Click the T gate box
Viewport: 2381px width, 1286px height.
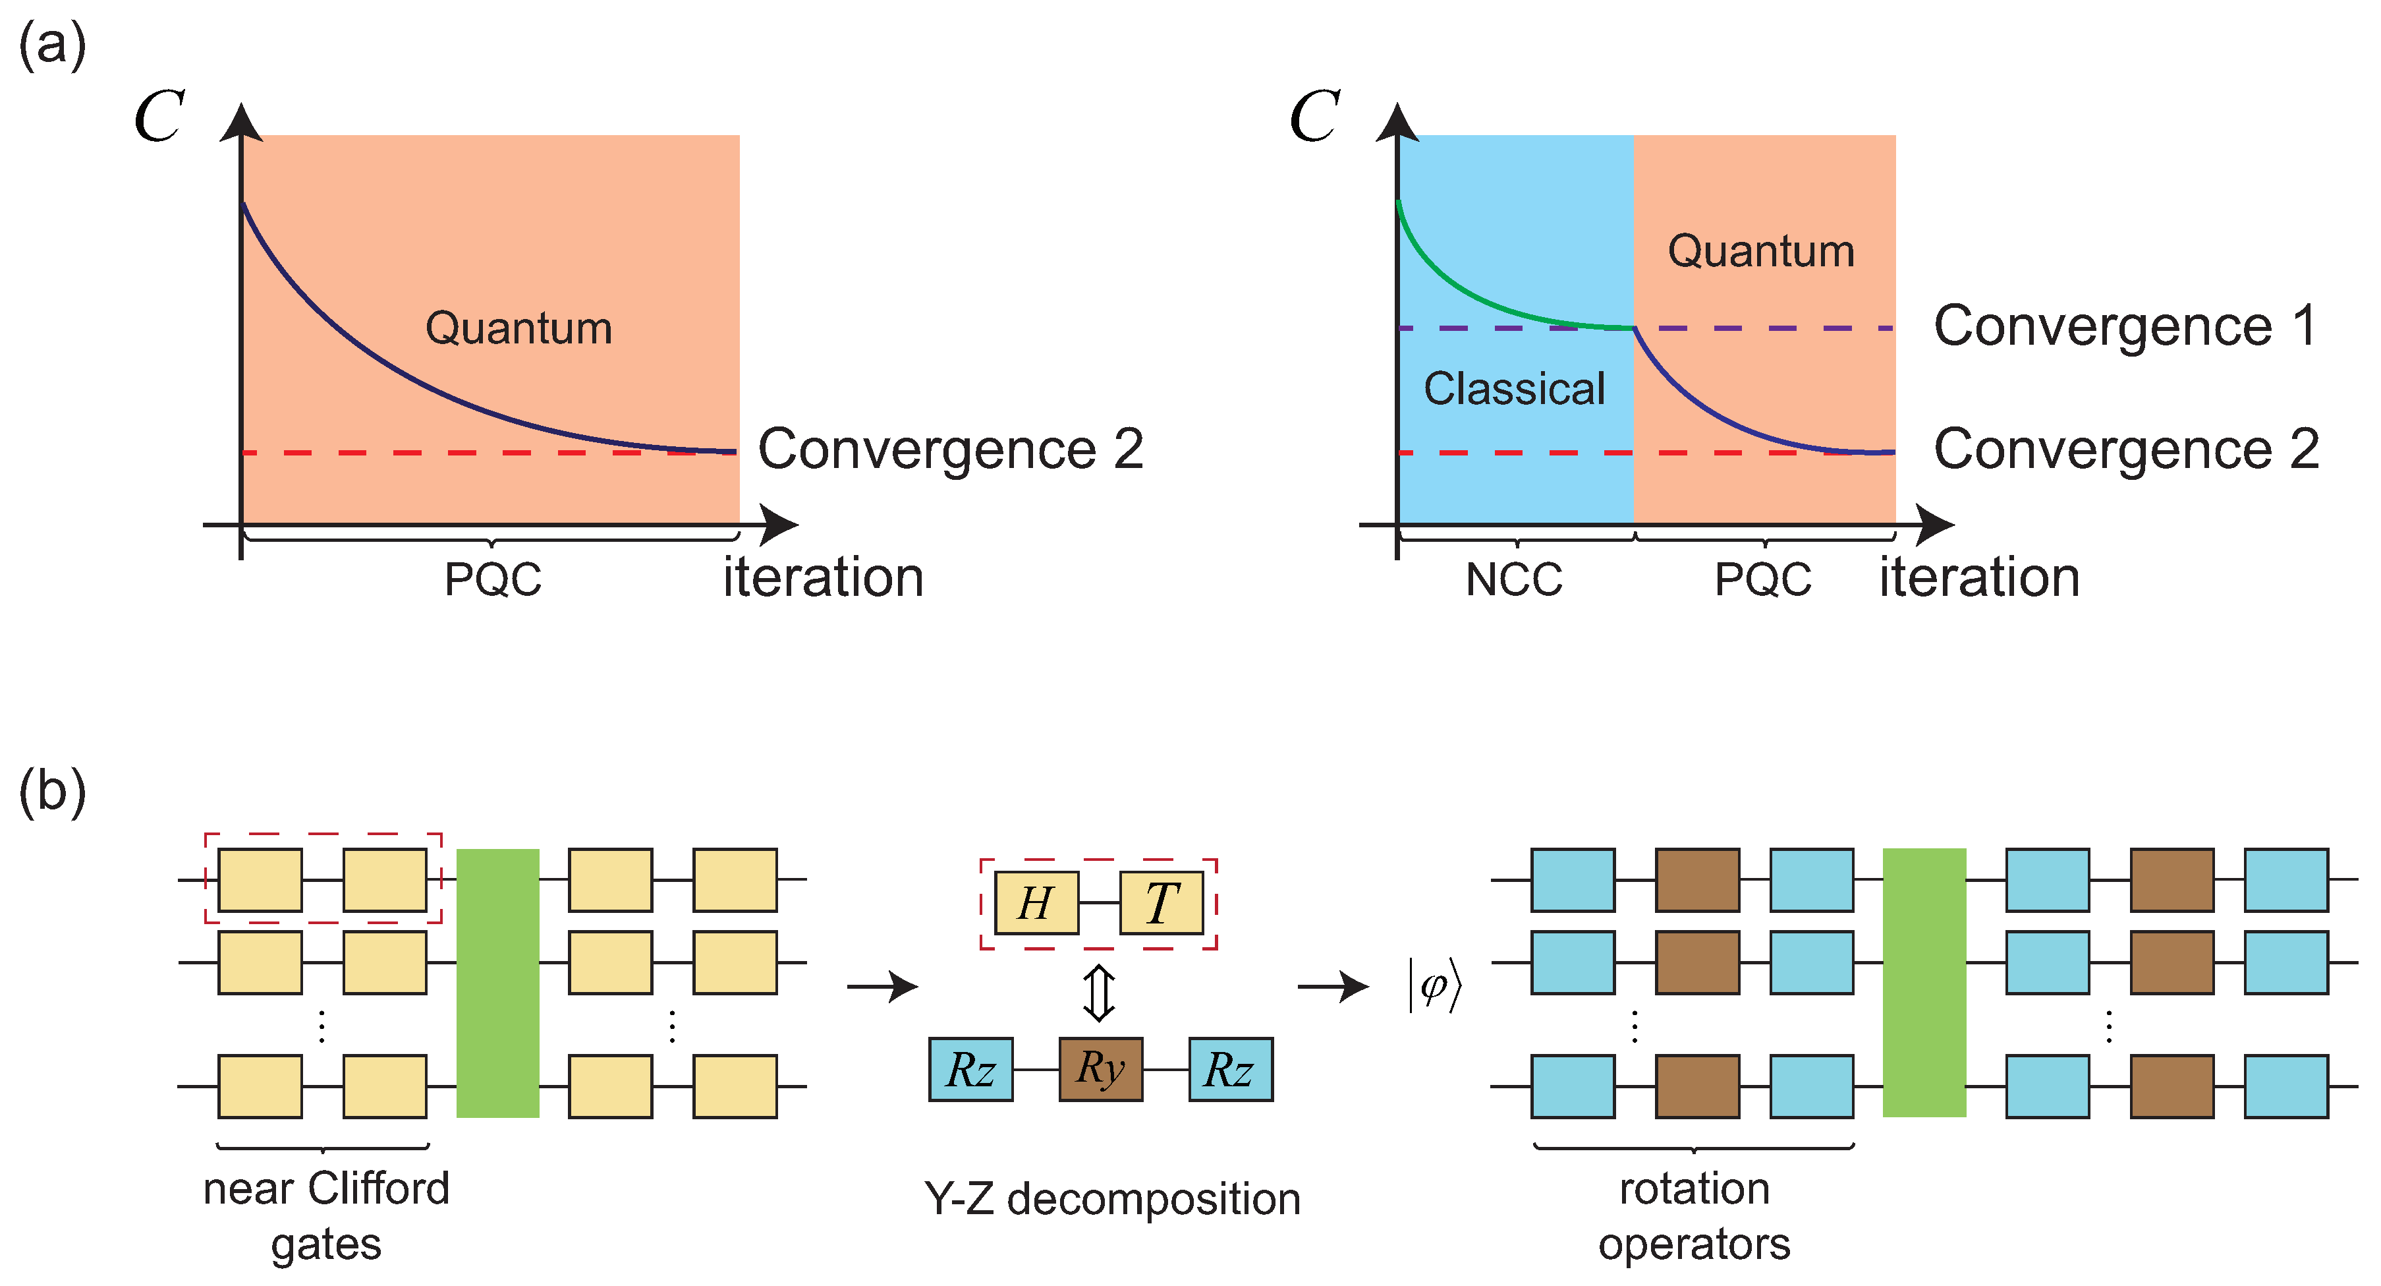tap(1161, 902)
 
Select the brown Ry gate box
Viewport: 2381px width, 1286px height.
tap(1100, 1068)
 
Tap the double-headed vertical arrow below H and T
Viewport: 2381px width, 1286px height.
tap(1098, 993)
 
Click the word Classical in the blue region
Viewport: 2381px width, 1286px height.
tap(1514, 388)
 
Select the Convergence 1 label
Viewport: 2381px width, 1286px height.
tap(2126, 326)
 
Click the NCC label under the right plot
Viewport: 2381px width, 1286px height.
tap(1514, 579)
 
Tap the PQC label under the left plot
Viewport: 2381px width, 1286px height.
tap(493, 579)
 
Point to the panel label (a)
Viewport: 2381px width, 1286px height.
tap(53, 44)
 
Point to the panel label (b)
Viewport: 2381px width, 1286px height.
tap(53, 792)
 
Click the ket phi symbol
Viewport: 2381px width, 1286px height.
tap(1434, 987)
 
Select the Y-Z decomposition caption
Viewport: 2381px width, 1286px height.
tap(1112, 1199)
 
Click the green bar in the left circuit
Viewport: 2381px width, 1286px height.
tap(497, 983)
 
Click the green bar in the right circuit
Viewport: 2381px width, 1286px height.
tap(1924, 983)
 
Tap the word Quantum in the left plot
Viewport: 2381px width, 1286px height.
tap(518, 328)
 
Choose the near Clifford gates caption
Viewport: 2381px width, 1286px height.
tap(326, 1215)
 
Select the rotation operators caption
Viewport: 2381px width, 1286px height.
tap(1695, 1215)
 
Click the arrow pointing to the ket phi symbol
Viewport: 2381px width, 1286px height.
tap(1332, 987)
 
